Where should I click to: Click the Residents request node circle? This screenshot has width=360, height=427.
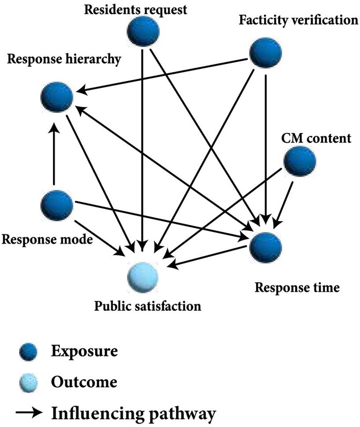coord(143,31)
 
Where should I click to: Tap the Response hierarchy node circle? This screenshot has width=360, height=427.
coord(57,96)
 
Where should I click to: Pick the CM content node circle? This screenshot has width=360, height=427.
coord(300,161)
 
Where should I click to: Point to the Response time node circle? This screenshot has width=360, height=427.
coord(265,247)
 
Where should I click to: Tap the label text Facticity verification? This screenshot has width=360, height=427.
coord(298,20)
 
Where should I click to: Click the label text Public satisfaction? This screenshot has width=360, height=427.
coord(148,306)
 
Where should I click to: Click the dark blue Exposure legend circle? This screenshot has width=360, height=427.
coord(28,353)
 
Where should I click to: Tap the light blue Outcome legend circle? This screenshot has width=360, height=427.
coord(28,383)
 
